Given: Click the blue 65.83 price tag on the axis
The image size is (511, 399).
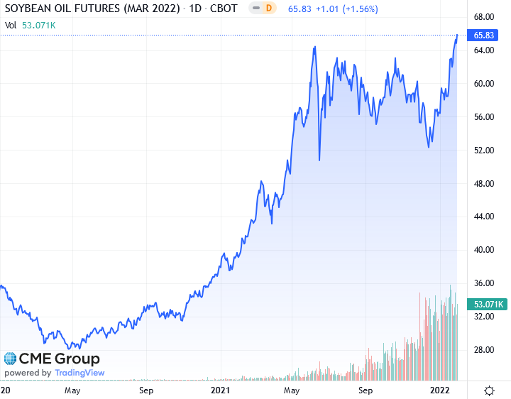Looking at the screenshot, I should [484, 34].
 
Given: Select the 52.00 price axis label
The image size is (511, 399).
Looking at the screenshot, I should [484, 151].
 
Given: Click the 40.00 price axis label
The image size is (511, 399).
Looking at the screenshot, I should [484, 250].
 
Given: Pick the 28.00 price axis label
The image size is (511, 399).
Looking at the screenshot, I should [484, 350].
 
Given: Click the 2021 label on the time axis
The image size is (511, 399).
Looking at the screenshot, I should [221, 390].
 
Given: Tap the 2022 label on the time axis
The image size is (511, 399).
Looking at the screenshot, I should [441, 390].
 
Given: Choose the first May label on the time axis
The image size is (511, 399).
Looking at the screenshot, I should [72, 390].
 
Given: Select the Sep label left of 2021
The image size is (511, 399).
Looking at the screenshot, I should [146, 390].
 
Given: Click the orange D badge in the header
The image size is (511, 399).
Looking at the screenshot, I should [268, 9].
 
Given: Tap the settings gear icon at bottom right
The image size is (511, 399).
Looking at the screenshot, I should [490, 390].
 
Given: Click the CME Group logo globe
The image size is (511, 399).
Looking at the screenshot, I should [11, 359].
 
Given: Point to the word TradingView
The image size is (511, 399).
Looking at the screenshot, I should [79, 373].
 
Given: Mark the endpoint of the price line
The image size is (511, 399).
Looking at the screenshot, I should [457, 34].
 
